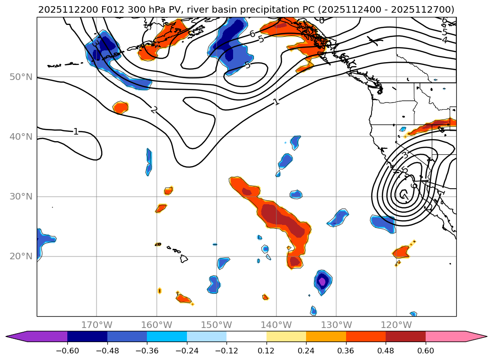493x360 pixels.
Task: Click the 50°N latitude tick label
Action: [21, 77]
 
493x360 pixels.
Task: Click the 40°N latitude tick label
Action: [21, 136]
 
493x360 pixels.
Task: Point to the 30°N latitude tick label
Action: [21, 196]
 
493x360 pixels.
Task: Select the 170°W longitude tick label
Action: [97, 325]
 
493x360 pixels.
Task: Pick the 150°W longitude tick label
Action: [217, 325]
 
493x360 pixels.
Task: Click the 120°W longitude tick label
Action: [396, 325]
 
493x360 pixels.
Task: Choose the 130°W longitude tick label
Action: [336, 325]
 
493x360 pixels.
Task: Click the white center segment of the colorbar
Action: [246, 336]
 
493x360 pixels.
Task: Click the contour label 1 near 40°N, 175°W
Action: [76, 131]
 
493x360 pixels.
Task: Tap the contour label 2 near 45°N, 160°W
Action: [154, 110]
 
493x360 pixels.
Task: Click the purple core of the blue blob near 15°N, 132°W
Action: [322, 282]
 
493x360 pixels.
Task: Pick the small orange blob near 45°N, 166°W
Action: [121, 107]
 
